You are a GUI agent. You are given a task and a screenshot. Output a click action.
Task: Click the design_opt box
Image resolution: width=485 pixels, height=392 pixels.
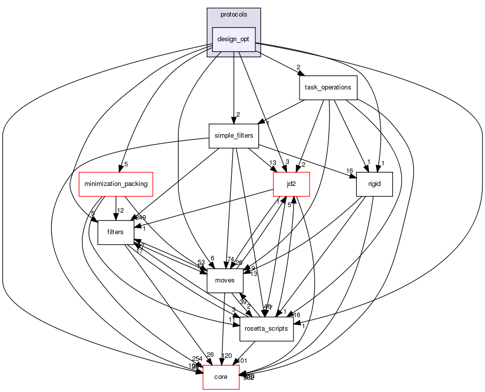point(234,39)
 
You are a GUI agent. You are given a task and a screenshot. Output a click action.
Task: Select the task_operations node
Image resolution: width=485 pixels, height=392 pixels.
point(328,87)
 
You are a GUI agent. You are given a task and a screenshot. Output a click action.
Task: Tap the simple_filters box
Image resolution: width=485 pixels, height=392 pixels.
point(233,136)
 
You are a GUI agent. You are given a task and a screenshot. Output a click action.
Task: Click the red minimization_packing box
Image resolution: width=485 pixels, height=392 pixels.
point(116,184)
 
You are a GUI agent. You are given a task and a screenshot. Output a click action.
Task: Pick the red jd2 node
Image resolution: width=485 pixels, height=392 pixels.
point(290,184)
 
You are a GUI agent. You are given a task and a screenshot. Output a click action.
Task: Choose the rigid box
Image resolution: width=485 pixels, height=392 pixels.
point(374,184)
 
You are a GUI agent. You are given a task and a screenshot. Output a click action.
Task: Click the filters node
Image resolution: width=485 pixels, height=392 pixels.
point(115,232)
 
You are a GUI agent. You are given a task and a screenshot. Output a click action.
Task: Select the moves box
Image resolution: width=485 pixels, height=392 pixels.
point(225,280)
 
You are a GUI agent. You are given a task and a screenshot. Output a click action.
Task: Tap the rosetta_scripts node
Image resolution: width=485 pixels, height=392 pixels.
point(266,329)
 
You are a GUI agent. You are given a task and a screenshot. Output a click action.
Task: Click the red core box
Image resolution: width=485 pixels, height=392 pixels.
point(221,377)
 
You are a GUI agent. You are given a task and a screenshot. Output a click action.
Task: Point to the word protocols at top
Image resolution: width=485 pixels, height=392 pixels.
point(233,15)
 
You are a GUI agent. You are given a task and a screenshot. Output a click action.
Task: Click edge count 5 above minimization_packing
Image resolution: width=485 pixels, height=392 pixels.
point(126,164)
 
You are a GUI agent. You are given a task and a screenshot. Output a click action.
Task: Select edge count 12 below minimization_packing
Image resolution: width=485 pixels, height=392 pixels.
point(121,210)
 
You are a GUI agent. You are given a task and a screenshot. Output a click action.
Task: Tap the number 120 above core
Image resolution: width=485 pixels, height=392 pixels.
point(227,356)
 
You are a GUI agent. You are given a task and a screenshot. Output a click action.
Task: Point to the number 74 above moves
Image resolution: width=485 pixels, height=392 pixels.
point(231,259)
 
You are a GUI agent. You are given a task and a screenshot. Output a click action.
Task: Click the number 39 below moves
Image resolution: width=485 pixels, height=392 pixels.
point(243,302)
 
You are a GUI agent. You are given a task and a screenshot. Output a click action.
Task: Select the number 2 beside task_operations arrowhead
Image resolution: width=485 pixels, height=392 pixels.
point(298,67)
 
